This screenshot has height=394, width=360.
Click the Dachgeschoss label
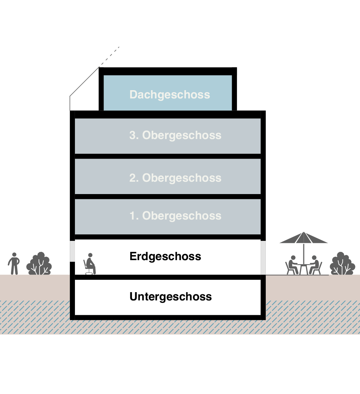point(170,95)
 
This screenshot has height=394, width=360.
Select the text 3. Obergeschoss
point(175,135)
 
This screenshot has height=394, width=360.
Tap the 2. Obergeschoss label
point(175,178)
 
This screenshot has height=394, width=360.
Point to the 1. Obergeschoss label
point(175,216)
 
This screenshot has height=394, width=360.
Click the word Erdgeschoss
point(165,256)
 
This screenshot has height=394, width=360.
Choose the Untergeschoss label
point(171,297)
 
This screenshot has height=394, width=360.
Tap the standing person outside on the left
point(14,264)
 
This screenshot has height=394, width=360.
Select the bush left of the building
point(40,264)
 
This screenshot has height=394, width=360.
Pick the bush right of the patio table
point(342,264)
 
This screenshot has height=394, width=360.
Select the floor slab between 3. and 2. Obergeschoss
point(168,156)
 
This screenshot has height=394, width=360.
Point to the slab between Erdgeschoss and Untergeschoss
point(168,277)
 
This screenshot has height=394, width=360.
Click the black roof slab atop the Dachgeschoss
point(168,71)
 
